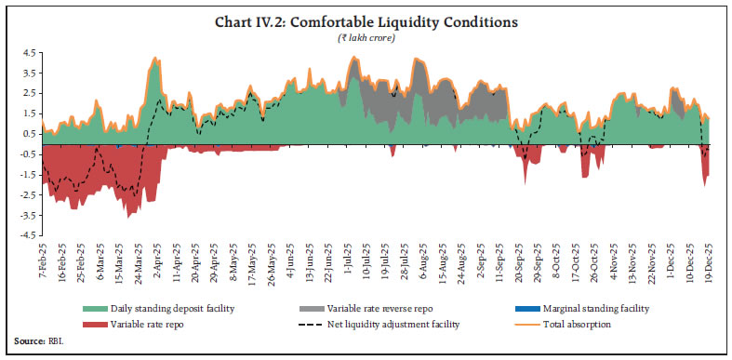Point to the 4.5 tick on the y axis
pos(28,54)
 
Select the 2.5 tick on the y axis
pos(28,94)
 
